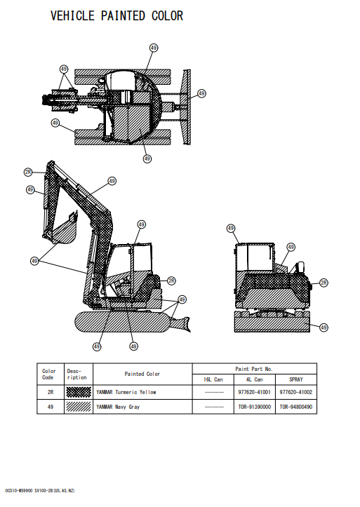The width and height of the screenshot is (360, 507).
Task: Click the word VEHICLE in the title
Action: [73, 15]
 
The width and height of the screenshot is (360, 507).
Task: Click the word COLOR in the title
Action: [168, 15]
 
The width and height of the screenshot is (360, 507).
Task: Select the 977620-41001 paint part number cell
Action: [254, 392]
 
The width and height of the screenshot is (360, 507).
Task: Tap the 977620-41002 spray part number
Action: [296, 392]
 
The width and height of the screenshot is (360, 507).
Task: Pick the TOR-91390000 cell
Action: [254, 407]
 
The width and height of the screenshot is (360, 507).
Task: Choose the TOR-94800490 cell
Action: [296, 407]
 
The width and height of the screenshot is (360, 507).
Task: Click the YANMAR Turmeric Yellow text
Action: [126, 392]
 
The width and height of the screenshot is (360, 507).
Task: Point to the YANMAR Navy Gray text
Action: [118, 407]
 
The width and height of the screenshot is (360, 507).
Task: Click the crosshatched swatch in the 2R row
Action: [79, 392]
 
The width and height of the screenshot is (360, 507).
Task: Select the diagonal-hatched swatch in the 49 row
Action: [79, 407]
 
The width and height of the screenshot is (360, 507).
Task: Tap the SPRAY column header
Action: [296, 379]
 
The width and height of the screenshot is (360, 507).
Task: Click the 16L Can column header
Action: [213, 379]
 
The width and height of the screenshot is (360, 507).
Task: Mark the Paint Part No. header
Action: [254, 369]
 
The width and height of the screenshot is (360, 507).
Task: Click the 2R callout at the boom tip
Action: [29, 172]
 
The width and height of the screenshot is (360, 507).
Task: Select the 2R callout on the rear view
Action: [324, 283]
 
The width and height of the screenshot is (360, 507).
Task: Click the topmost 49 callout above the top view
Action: [154, 48]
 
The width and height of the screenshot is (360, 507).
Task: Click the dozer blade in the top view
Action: [187, 107]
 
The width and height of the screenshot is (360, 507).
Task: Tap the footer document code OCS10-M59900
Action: [19, 490]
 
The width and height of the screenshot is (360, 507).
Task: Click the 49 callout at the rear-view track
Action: [324, 327]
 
